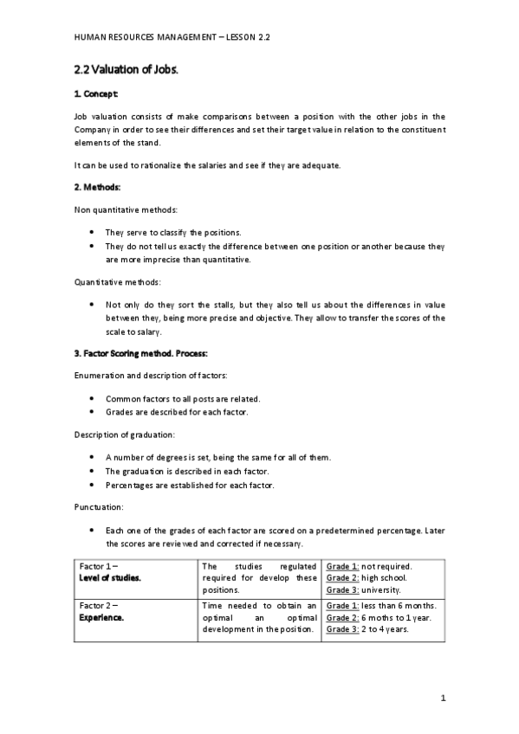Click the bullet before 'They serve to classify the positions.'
[x=93, y=233]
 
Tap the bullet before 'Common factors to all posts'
[x=93, y=398]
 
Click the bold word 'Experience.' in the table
[x=101, y=618]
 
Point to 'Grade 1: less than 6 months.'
[x=381, y=605]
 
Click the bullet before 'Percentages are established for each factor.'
[x=93, y=486]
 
